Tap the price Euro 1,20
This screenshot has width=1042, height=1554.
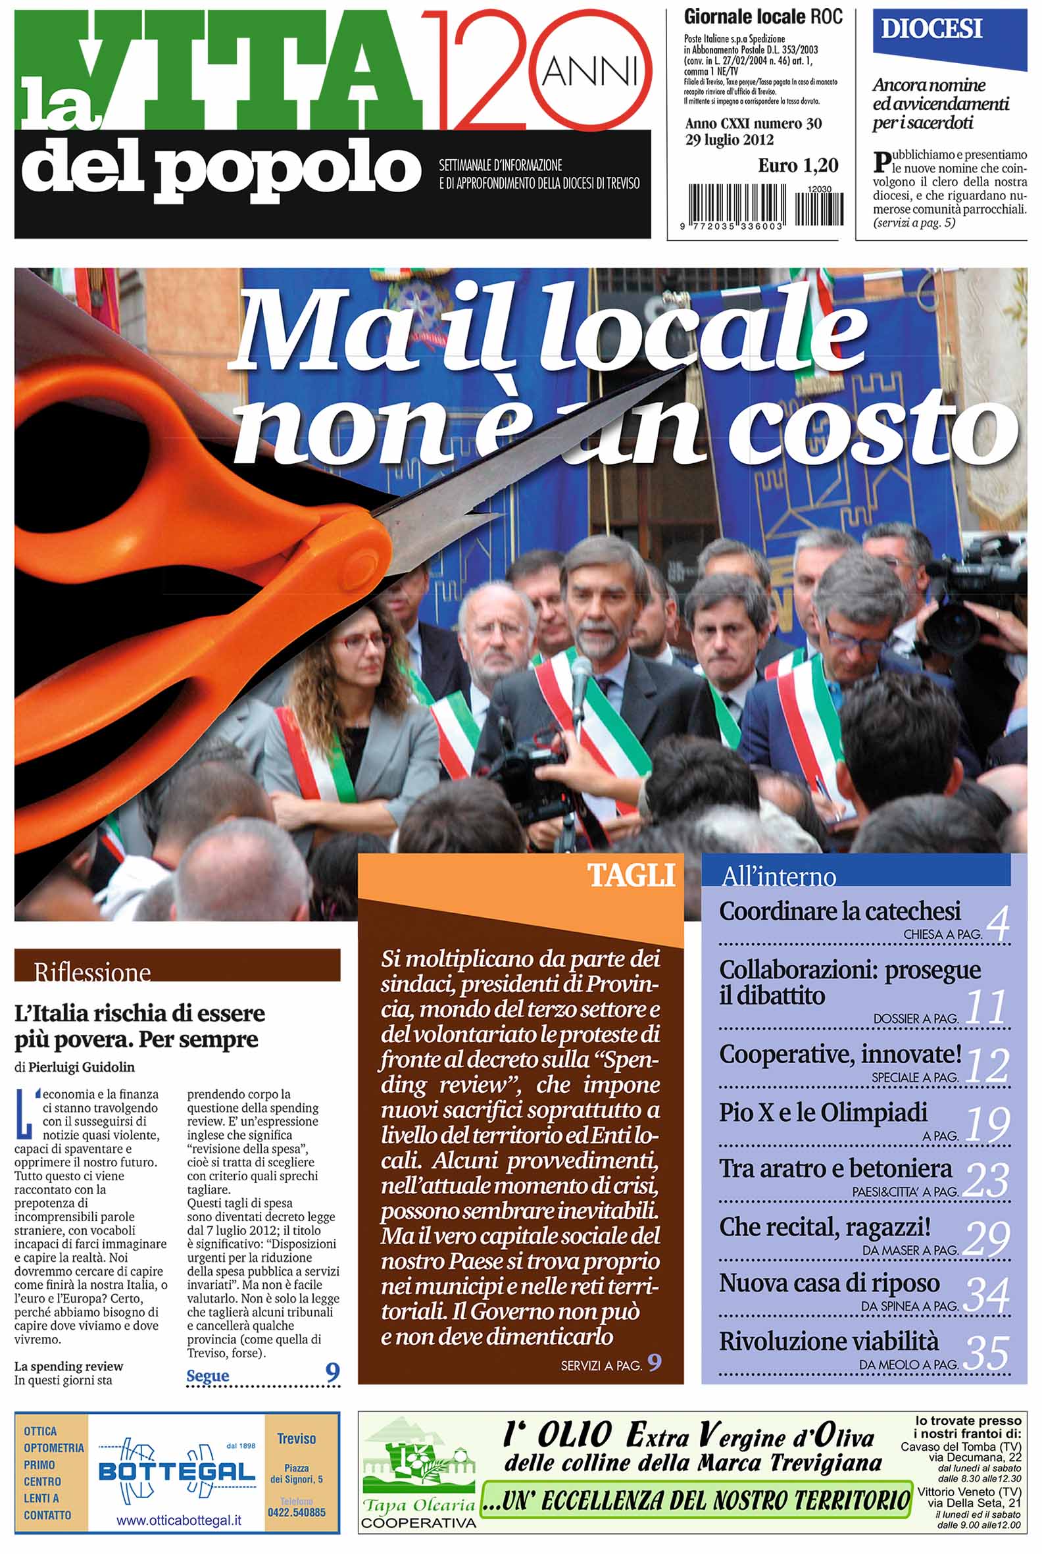click(x=797, y=165)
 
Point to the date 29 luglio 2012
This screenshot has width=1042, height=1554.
click(x=729, y=139)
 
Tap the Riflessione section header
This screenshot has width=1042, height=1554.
click(x=92, y=972)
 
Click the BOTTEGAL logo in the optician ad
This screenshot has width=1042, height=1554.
click(x=176, y=1473)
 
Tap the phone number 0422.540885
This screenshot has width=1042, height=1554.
click(x=297, y=1513)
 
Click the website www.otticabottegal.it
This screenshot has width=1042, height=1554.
click(x=179, y=1520)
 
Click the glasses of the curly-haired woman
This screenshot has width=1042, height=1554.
click(x=362, y=642)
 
